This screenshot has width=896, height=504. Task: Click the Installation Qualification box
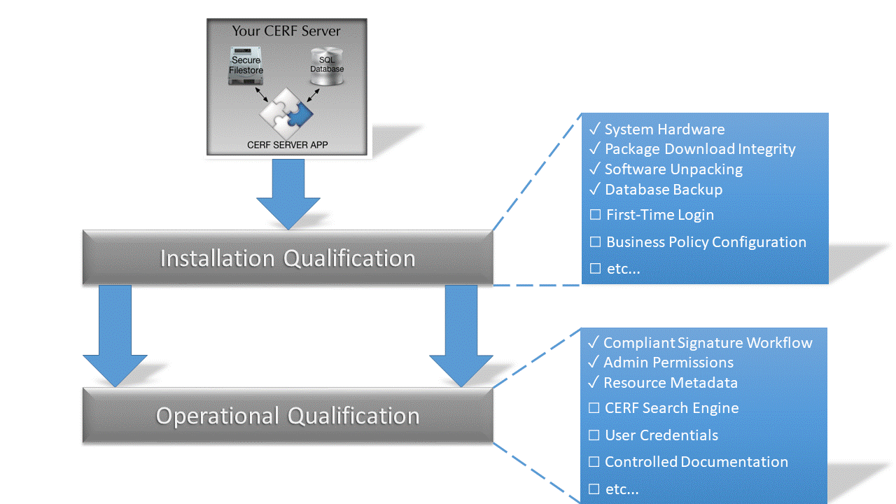(288, 258)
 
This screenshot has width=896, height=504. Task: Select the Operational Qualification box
(288, 415)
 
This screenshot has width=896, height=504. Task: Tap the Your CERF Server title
(286, 31)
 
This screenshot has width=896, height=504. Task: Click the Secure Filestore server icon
(245, 66)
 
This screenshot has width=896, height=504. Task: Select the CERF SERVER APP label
(287, 146)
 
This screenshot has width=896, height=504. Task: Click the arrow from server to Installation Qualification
(288, 192)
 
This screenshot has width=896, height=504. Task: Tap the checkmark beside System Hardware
(594, 129)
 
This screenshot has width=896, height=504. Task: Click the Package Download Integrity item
(700, 149)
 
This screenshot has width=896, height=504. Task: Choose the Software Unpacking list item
(673, 169)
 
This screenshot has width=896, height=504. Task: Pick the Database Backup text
(664, 190)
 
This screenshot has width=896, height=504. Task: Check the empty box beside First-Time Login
(596, 215)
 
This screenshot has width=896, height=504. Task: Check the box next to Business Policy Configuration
(596, 242)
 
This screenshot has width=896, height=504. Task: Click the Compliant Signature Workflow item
(708, 343)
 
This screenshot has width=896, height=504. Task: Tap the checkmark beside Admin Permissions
(593, 363)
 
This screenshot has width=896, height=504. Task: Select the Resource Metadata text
(671, 383)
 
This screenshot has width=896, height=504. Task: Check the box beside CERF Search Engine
(594, 408)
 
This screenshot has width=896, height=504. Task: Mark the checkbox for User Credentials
(594, 435)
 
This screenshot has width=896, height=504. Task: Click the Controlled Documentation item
(696, 462)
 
